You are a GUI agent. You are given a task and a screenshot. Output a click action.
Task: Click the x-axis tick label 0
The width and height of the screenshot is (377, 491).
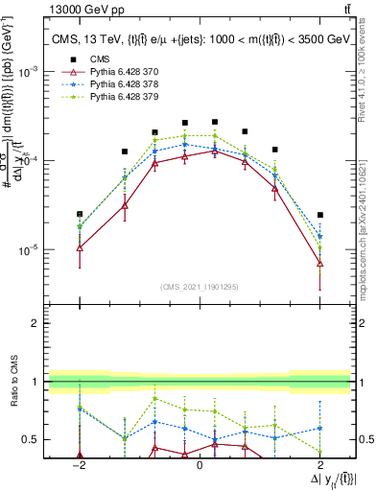point(199,464)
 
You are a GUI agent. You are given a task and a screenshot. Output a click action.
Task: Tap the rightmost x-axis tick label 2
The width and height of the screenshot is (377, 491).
point(319,464)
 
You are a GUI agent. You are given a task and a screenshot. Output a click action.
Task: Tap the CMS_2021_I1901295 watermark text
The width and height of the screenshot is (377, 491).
point(199,286)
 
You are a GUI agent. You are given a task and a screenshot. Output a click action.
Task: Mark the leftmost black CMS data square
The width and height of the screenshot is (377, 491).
point(80,214)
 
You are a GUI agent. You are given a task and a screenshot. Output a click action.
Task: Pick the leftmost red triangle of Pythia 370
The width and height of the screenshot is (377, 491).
point(80,247)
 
